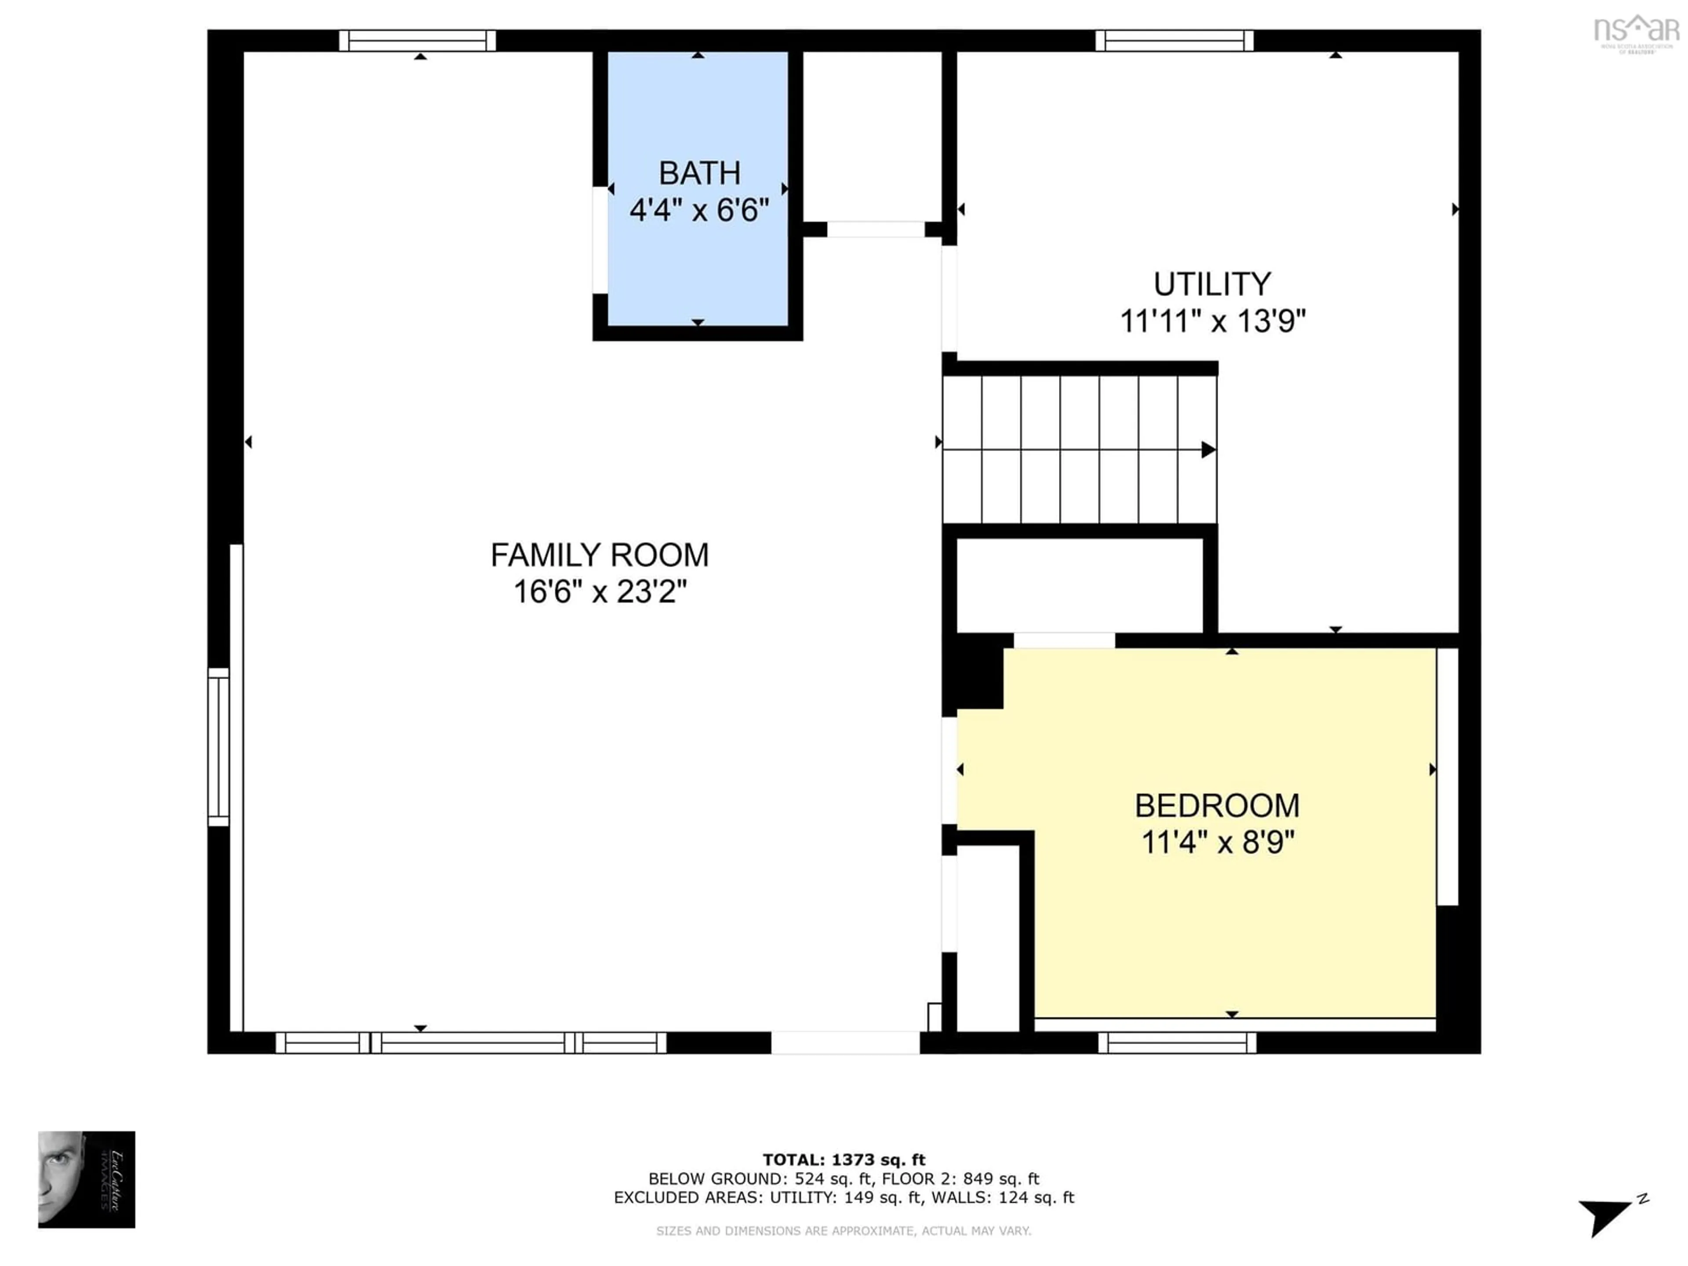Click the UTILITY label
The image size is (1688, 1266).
pyautogui.click(x=1212, y=285)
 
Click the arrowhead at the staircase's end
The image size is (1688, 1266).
pyautogui.click(x=1208, y=449)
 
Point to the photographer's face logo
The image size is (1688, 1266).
pyautogui.click(x=86, y=1179)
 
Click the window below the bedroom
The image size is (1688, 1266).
pyautogui.click(x=1177, y=1042)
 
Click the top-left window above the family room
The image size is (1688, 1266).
pyautogui.click(x=418, y=40)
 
